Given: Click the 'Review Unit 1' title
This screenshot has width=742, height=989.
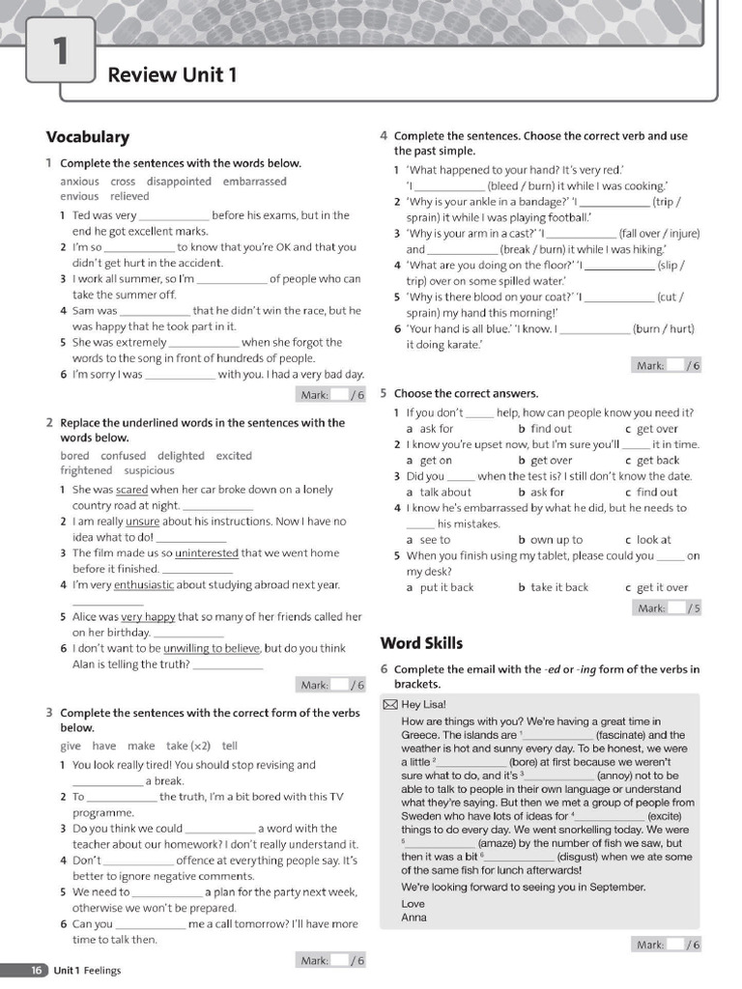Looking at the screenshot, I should coord(172,74).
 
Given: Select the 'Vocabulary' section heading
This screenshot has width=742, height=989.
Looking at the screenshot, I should coord(87,137).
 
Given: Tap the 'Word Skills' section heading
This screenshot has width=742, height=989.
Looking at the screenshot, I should coord(421,643).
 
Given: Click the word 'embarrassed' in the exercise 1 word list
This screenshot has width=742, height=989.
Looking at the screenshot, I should coord(255,182).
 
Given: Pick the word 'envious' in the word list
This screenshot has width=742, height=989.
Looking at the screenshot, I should coord(79,196).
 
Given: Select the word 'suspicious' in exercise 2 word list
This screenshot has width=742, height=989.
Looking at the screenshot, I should coord(149,471).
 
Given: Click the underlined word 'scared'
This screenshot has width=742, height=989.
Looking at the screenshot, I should coord(131,490).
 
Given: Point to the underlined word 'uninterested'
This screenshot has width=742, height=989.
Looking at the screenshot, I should coord(207,553).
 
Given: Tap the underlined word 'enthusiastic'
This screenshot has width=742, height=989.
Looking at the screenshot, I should coord(144,584).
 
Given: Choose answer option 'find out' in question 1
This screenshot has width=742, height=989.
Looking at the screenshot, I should coord(551,429).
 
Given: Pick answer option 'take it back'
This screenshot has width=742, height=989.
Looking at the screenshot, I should coord(559,587).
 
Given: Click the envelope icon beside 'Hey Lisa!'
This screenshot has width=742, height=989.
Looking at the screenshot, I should coord(389,704).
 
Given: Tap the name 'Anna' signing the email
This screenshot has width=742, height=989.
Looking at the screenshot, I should coord(414,918).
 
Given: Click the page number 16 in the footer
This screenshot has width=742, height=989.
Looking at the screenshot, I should coord(37,970).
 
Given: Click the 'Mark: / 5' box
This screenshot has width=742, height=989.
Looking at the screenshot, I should coord(667,608).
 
